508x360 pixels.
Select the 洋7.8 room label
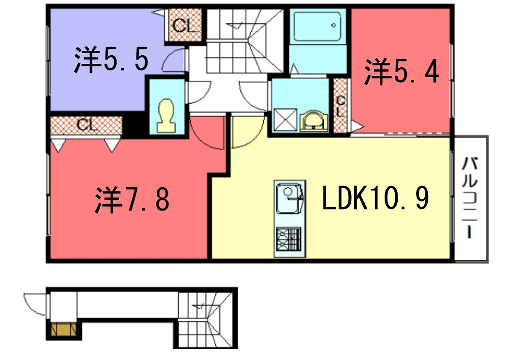(133, 199)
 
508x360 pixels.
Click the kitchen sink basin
(290, 199)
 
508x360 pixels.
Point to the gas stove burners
(290, 239)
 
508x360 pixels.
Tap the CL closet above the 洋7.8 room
(84, 125)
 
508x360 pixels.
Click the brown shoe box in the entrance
(62, 329)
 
